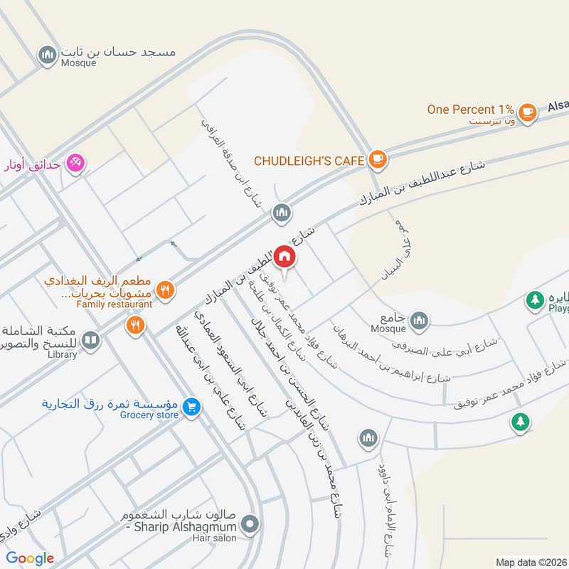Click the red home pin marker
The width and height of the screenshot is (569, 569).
click(x=284, y=257)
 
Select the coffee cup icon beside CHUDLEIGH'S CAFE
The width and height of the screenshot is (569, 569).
click(x=378, y=159)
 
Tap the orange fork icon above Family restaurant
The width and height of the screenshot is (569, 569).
click(x=165, y=289)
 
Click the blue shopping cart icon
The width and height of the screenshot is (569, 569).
click(x=190, y=408)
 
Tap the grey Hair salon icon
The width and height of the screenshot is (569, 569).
click(x=249, y=526)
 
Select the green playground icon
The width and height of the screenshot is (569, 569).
click(x=534, y=300)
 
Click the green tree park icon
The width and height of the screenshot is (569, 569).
click(x=520, y=422)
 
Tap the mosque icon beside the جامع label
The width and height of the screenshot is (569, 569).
click(x=420, y=320)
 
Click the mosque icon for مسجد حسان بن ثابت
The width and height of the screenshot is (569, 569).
click(x=48, y=54)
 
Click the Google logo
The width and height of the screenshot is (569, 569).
click(x=31, y=558)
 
